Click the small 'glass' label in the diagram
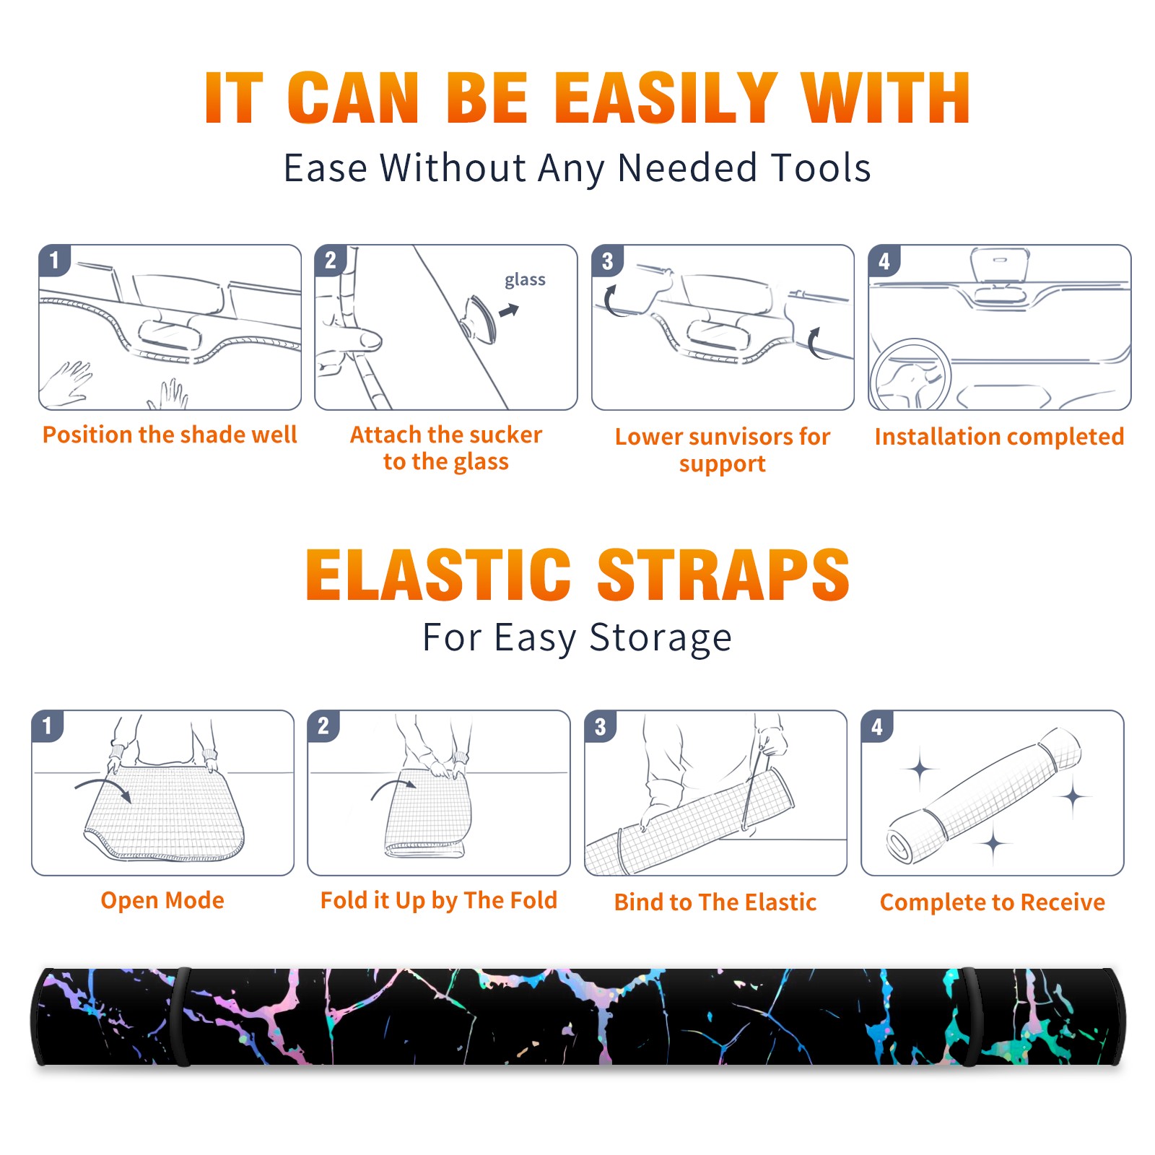click(525, 280)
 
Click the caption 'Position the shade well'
click(170, 435)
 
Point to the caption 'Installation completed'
click(999, 437)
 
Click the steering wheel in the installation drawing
click(911, 375)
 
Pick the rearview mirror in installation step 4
click(1000, 264)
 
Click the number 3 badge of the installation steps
click(607, 261)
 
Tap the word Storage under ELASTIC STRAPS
click(661, 638)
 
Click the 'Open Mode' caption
click(162, 900)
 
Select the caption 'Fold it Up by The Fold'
click(439, 901)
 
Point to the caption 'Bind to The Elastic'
click(715, 902)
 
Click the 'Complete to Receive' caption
click(993, 902)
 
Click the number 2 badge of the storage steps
click(323, 726)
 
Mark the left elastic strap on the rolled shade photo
click(182, 1016)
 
